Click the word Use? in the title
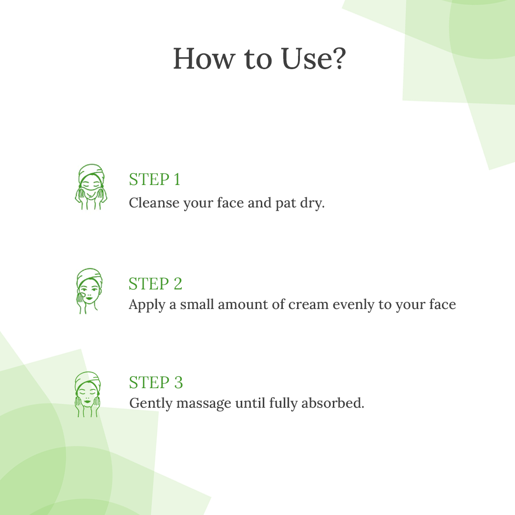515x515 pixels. pos(314,59)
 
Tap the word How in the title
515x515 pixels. pos(204,59)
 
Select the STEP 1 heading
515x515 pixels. pos(154,179)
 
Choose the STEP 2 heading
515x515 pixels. pos(155,283)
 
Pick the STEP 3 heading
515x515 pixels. pos(155,382)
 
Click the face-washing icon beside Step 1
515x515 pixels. pos(91,186)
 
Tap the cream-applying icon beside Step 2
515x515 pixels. pos(89,291)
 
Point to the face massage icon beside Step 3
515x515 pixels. pos(88,394)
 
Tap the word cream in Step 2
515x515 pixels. pos(309,304)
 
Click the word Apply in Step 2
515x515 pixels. pos(147,305)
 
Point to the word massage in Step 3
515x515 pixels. pos(204,404)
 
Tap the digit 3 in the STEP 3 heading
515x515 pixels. pos(178,382)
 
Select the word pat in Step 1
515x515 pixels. pos(286,204)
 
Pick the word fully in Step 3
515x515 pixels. pos(283,404)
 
